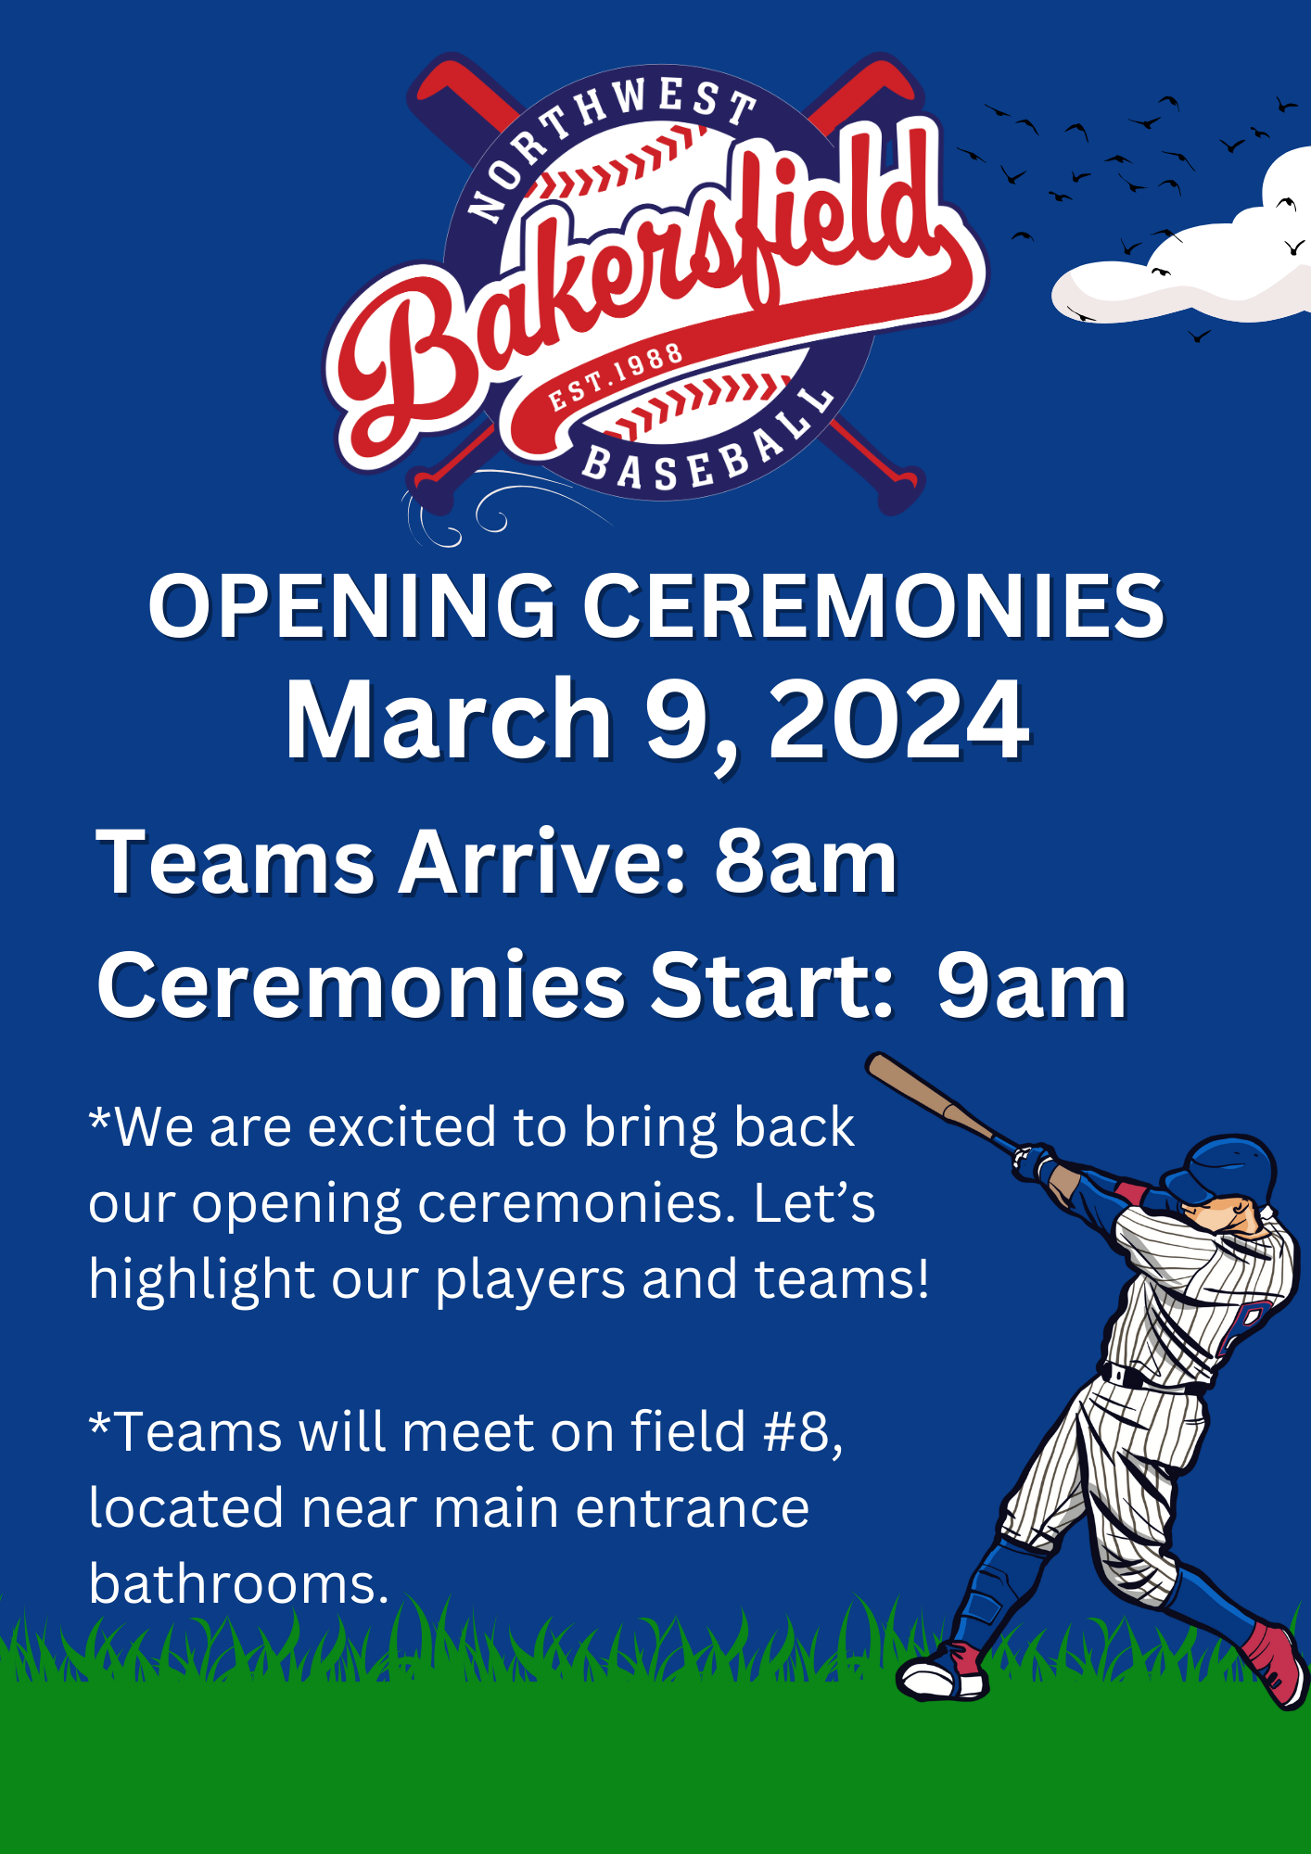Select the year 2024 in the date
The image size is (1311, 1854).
click(x=898, y=720)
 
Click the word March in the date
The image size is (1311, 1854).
click(x=449, y=720)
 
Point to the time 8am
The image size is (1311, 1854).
click(x=806, y=862)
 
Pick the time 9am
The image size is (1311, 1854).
click(x=1031, y=985)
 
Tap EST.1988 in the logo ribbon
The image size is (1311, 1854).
click(x=616, y=377)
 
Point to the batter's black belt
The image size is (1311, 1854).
click(x=1150, y=1381)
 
